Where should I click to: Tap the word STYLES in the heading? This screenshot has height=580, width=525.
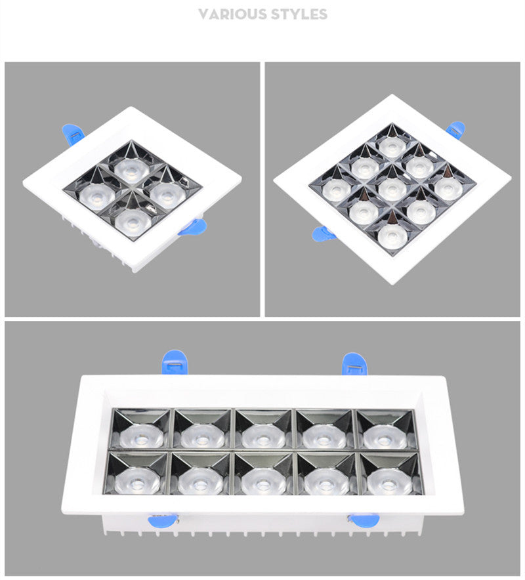click(x=299, y=14)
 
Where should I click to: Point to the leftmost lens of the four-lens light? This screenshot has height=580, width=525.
click(x=93, y=195)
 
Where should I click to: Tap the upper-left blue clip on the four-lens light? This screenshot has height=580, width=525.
click(x=72, y=133)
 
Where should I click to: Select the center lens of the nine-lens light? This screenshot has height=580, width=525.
click(x=392, y=189)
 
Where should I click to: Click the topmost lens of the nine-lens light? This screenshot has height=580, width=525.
click(x=392, y=146)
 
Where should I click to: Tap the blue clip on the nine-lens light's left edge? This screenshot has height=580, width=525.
click(x=323, y=232)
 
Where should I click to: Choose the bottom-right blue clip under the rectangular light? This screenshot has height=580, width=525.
click(x=363, y=520)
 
